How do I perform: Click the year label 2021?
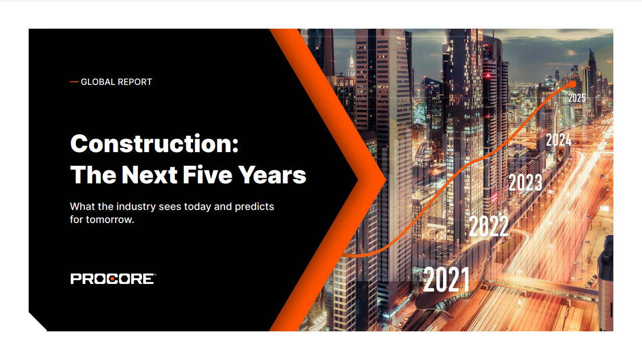pyautogui.click(x=446, y=279)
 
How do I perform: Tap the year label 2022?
pyautogui.click(x=488, y=226)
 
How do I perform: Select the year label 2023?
pyautogui.click(x=525, y=183)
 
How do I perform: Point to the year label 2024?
pyautogui.click(x=558, y=140)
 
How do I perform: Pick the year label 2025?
pyautogui.click(x=576, y=97)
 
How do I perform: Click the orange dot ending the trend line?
pyautogui.click(x=573, y=83)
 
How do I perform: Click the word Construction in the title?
pyautogui.click(x=150, y=143)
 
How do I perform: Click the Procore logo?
pyautogui.click(x=112, y=279)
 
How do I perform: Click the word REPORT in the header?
pyautogui.click(x=135, y=82)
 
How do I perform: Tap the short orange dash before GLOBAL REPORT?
pyautogui.click(x=74, y=82)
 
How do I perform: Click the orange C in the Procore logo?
pyautogui.click(x=113, y=279)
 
